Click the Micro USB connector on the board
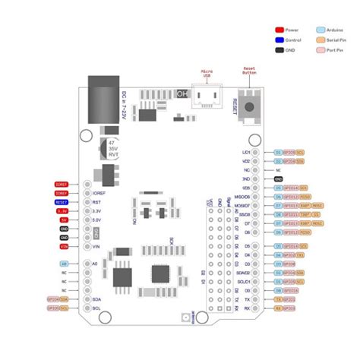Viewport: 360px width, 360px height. point(206,96)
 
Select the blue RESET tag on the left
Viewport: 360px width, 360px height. point(62,203)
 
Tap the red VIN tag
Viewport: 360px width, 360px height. point(64,247)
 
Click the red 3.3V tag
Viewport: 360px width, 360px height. point(64,211)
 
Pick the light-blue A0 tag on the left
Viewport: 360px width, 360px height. point(64,264)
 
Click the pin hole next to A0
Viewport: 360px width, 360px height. point(87,264)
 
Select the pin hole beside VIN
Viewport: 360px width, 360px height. point(87,247)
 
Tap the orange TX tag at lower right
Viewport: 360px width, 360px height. point(278,299)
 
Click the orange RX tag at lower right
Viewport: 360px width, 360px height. point(278,308)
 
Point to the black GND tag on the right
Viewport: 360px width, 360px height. point(279,178)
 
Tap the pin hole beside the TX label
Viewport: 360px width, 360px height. point(255,299)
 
